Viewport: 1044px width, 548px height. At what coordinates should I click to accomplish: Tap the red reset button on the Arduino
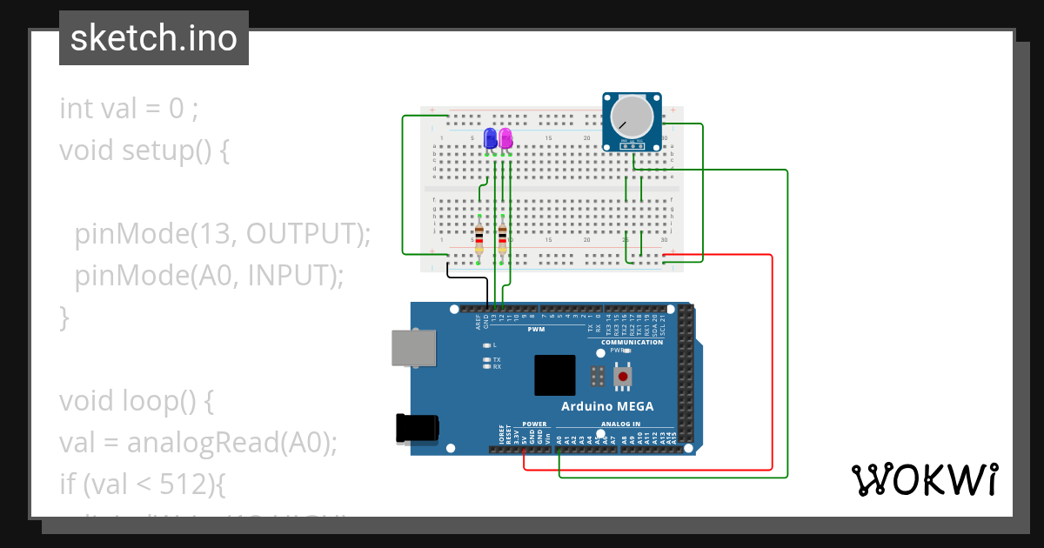[623, 377]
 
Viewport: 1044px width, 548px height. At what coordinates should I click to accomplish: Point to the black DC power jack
[417, 428]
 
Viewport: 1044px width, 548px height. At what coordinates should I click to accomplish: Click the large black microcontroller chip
[554, 376]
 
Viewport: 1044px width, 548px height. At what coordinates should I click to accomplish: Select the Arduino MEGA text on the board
[606, 406]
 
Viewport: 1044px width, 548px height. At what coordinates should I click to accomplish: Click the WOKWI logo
[924, 479]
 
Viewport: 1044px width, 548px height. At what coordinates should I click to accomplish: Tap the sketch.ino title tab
[154, 38]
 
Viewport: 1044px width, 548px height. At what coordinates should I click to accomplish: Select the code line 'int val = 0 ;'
[129, 109]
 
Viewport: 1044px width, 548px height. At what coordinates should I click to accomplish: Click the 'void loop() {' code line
[137, 401]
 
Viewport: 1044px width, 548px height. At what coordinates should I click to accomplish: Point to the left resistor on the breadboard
[479, 238]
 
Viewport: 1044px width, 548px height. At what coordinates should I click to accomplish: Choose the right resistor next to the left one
[503, 238]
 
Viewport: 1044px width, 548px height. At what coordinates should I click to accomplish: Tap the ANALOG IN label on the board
[619, 424]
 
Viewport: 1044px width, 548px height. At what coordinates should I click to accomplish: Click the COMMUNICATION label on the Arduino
[631, 342]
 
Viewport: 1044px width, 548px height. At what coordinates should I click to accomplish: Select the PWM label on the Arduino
[536, 330]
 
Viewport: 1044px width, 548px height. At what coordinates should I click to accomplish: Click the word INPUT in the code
[288, 275]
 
